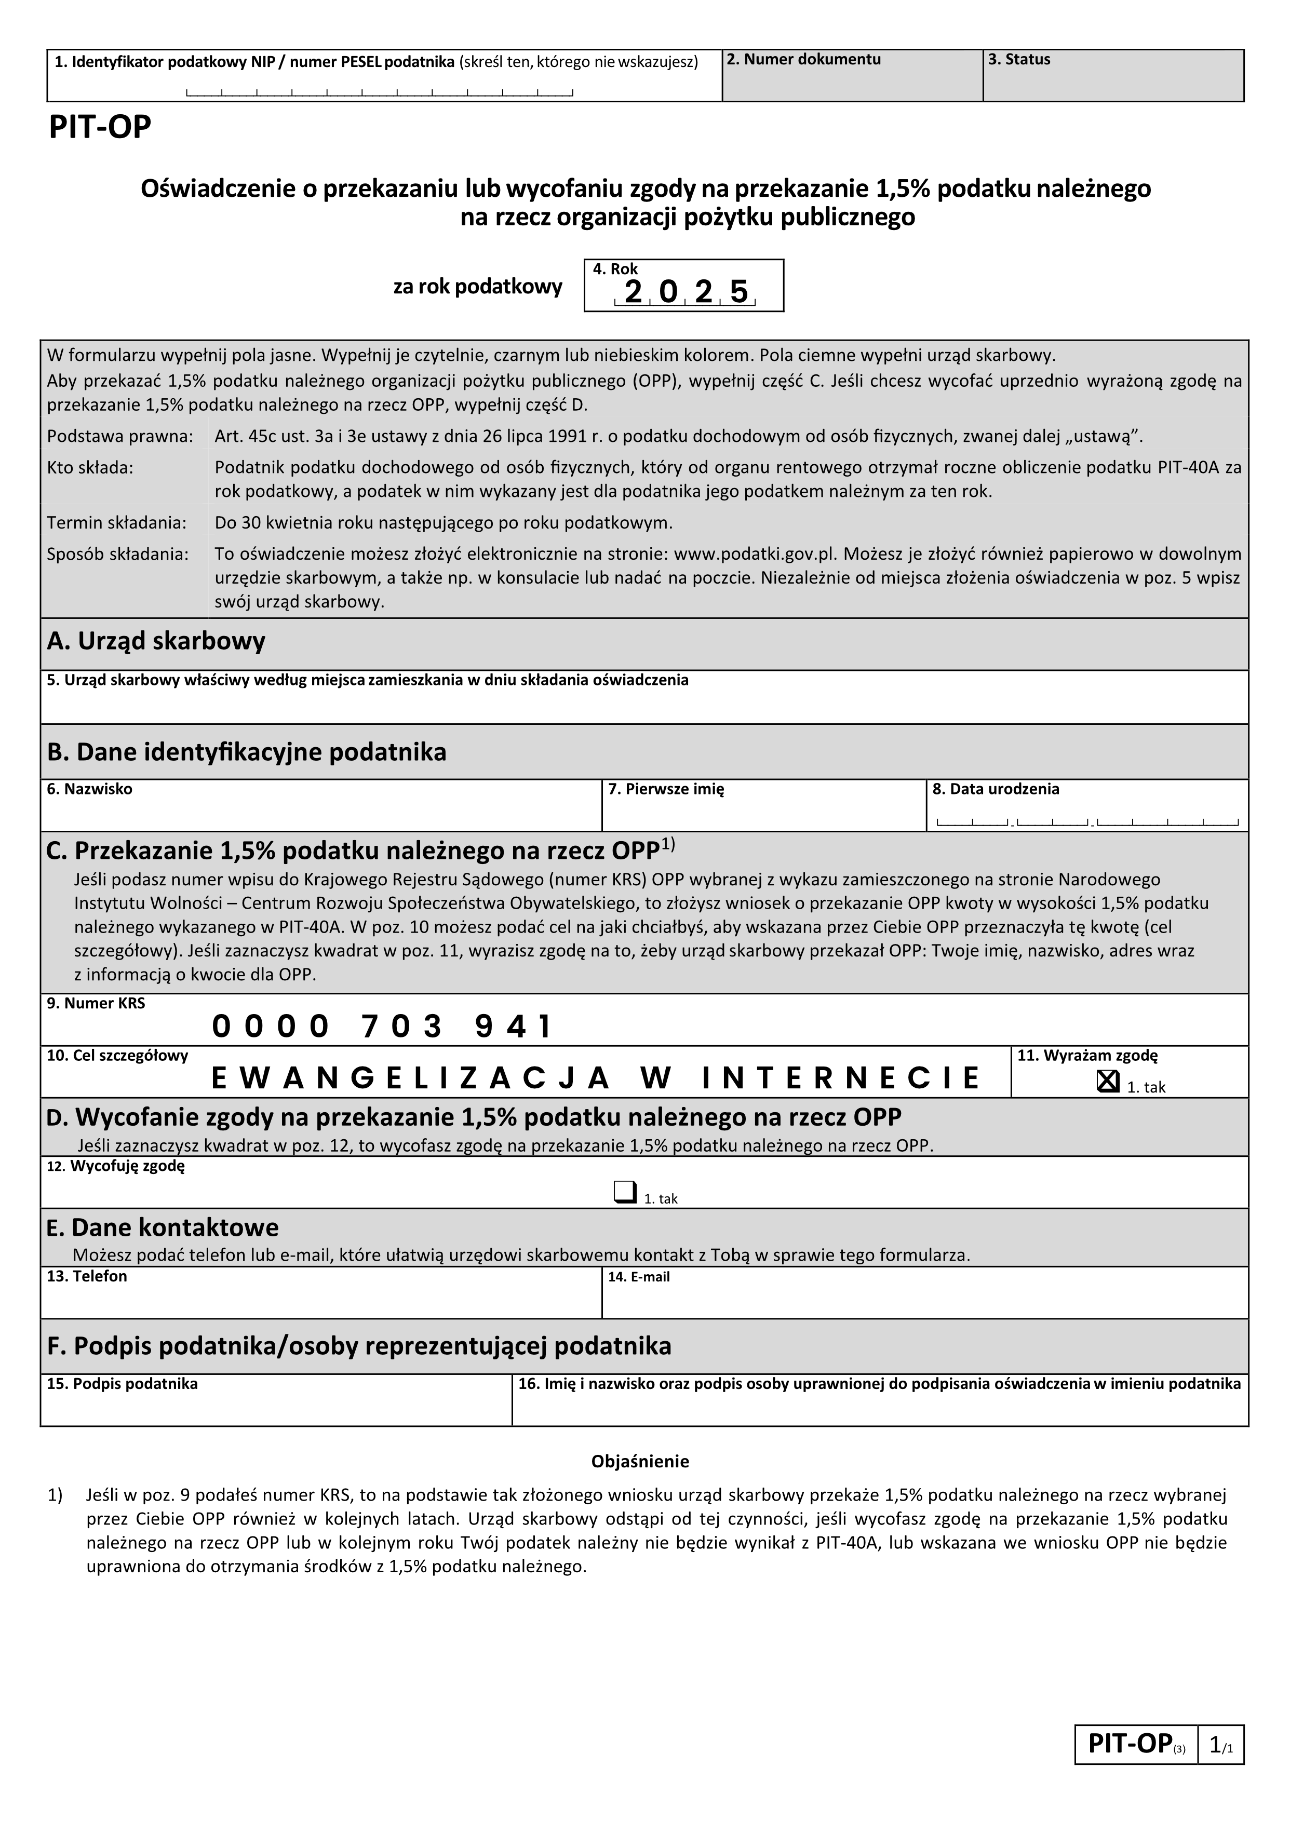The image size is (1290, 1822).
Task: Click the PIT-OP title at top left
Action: click(100, 128)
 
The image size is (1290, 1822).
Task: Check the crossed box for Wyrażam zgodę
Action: click(1107, 1081)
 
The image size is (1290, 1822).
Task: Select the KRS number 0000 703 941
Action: click(381, 1027)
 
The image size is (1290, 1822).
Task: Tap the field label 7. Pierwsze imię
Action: click(666, 789)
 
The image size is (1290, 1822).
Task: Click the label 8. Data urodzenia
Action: click(996, 789)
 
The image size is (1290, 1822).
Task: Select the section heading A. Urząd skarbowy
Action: click(156, 642)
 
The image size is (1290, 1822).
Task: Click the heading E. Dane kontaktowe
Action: click(163, 1228)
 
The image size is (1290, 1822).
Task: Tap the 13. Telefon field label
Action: click(87, 1276)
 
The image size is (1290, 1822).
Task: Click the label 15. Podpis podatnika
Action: click(123, 1384)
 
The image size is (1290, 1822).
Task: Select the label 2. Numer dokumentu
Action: click(804, 60)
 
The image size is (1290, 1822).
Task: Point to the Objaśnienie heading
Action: click(640, 1462)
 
